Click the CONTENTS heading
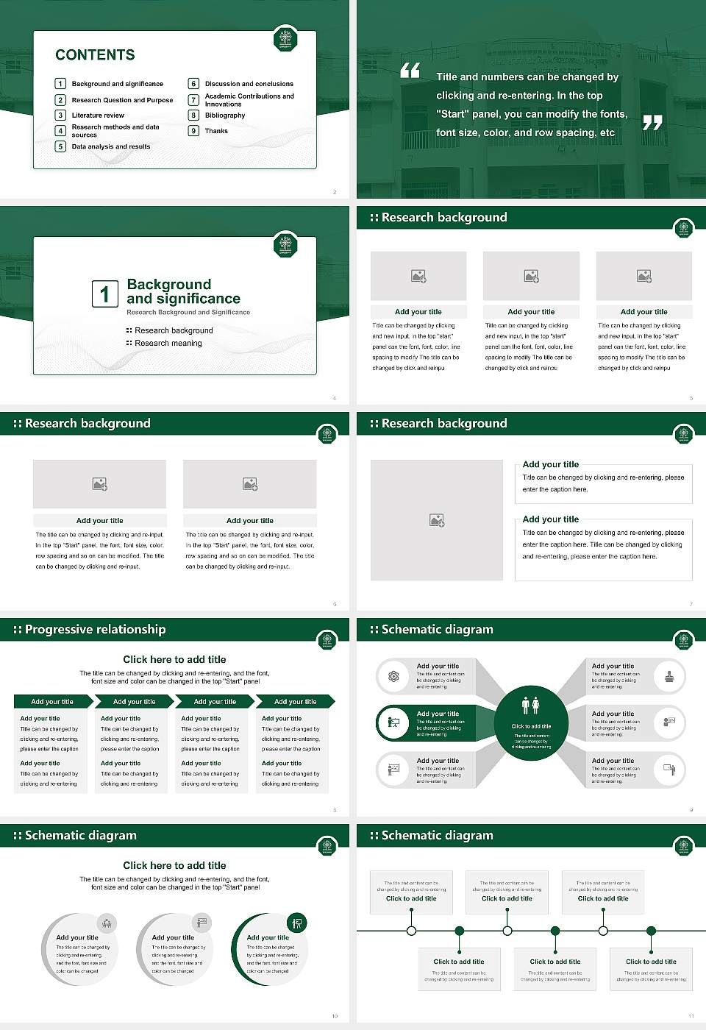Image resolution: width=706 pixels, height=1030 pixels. coord(95,55)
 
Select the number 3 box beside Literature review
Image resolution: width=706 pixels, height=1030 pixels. coord(61,116)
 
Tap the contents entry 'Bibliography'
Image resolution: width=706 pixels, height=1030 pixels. coord(224,116)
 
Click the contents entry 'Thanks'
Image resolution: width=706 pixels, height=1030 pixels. coord(216,131)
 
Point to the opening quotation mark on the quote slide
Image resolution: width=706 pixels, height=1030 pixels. coord(410,71)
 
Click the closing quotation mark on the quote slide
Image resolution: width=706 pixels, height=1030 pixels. coord(652,123)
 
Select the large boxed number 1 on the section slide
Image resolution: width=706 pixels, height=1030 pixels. coord(104,294)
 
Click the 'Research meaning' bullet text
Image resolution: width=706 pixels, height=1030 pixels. coord(168,344)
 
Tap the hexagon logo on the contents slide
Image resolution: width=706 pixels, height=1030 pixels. coord(285,39)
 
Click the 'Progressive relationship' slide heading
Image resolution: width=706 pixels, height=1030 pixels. coord(95,630)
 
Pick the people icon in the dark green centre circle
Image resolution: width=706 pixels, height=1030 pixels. coord(531,706)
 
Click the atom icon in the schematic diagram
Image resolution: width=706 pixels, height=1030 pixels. coord(394,676)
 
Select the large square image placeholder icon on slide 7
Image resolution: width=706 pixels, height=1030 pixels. coord(437,520)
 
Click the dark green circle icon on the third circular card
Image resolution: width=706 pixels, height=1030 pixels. coord(296,923)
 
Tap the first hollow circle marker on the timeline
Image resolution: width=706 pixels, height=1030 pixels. coord(411,931)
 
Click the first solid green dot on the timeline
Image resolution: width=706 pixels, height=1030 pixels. coord(460,931)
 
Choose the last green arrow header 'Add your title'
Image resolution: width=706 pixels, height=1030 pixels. coord(295,702)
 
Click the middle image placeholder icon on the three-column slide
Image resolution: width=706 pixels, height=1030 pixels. coord(531,276)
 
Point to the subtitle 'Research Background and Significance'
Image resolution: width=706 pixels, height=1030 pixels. coord(188,313)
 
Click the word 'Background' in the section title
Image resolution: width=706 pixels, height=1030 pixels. coord(168,285)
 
